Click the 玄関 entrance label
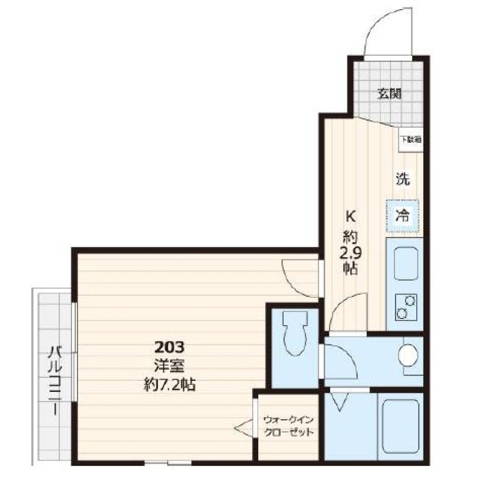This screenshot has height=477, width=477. [x=389, y=94]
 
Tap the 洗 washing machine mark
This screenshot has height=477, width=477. [x=402, y=179]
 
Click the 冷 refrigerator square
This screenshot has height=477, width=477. [x=402, y=216]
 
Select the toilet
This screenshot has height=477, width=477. [x=294, y=334]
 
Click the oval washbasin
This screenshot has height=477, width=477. [x=408, y=356]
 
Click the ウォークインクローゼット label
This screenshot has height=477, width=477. [x=288, y=426]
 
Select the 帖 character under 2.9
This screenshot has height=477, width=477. [x=349, y=269]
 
